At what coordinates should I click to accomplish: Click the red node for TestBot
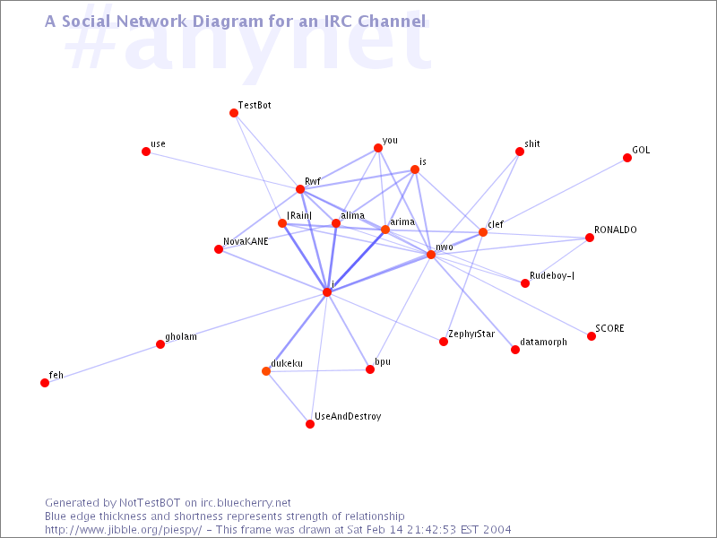(x=234, y=113)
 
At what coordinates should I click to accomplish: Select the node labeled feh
(x=45, y=383)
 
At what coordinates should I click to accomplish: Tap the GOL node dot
(x=627, y=158)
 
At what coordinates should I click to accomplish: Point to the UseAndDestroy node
(x=310, y=424)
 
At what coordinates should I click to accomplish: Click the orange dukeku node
(x=266, y=371)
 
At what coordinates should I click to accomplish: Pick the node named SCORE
(x=592, y=337)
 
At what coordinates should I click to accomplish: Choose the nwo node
(x=431, y=255)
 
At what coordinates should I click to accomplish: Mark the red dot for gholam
(x=160, y=344)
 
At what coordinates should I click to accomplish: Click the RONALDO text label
(x=616, y=230)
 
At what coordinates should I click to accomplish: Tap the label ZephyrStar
(x=471, y=334)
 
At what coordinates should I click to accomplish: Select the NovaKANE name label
(x=246, y=241)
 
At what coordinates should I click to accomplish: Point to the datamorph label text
(x=544, y=343)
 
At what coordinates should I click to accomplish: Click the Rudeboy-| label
(x=552, y=275)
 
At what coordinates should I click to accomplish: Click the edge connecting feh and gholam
(x=102, y=364)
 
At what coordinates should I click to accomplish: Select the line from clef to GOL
(x=555, y=195)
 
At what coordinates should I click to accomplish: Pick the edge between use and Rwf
(x=223, y=170)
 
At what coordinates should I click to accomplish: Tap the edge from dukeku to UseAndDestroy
(x=288, y=397)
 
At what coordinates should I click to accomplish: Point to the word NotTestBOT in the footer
(x=150, y=503)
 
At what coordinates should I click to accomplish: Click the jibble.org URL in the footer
(x=124, y=530)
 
